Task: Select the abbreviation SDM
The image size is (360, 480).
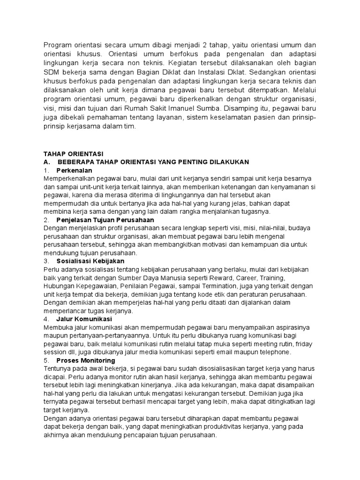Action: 52,73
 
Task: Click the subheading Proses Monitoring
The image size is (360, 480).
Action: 85,360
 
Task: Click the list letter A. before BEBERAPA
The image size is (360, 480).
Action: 46,162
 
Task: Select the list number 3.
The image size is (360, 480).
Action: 45,261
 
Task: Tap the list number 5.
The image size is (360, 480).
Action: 45,360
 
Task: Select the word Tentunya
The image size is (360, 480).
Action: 58,369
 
